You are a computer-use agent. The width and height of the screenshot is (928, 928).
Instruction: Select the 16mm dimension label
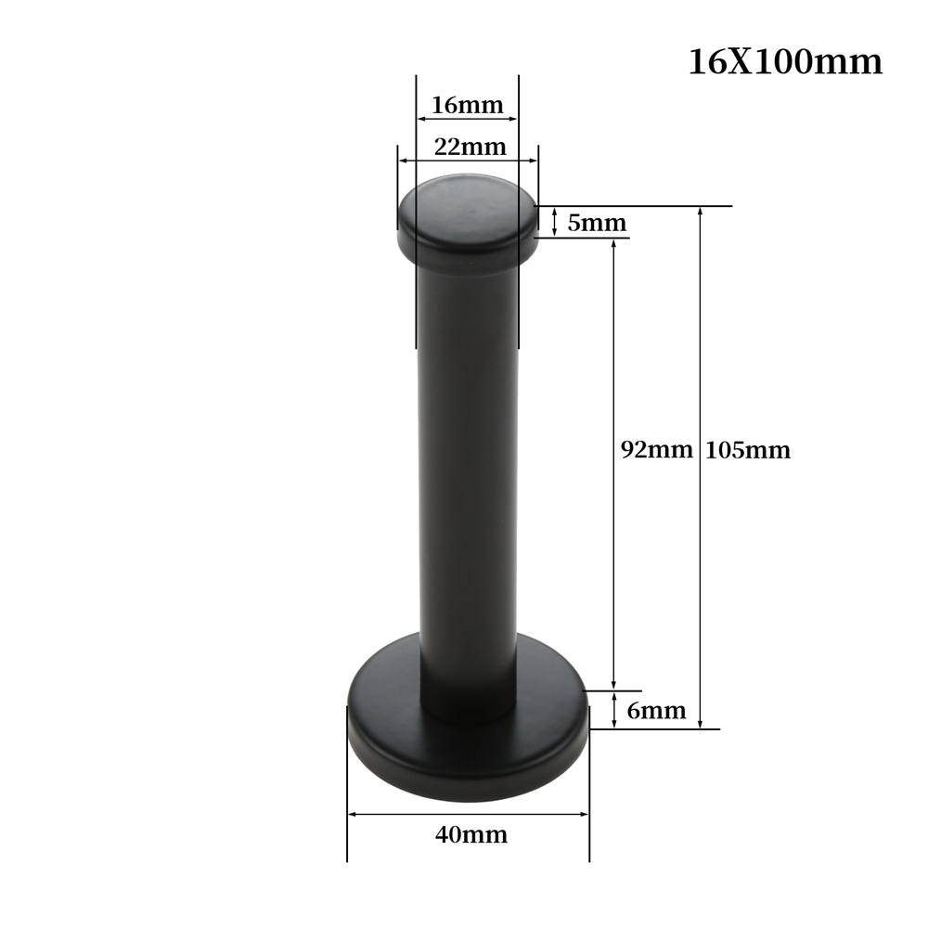468,105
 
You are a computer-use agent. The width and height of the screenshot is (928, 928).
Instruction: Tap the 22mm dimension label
470,147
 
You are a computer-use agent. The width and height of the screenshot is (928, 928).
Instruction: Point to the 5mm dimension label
597,223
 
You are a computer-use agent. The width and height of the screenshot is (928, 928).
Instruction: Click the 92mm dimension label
656,450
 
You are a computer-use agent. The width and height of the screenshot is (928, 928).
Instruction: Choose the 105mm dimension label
748,450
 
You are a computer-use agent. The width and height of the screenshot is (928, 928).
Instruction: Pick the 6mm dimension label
656,710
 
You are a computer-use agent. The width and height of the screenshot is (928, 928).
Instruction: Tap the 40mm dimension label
471,834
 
